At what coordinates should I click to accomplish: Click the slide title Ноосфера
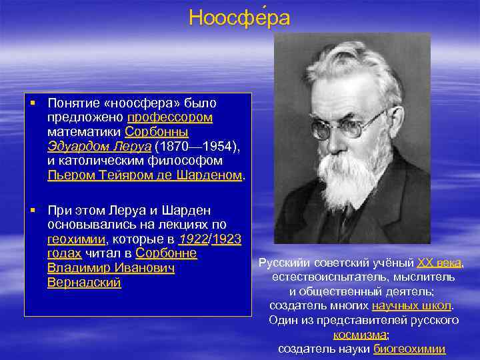239,17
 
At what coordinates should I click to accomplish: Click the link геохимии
76,239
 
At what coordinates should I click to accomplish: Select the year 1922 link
193,239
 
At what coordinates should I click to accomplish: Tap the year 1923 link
227,239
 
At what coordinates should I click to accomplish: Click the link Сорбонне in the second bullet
165,253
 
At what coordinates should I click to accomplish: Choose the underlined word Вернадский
84,283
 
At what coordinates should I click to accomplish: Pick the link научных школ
411,305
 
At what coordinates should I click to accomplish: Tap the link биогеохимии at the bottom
409,349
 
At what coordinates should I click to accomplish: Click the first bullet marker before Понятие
31,103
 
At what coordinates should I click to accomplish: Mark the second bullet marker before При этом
31,211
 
